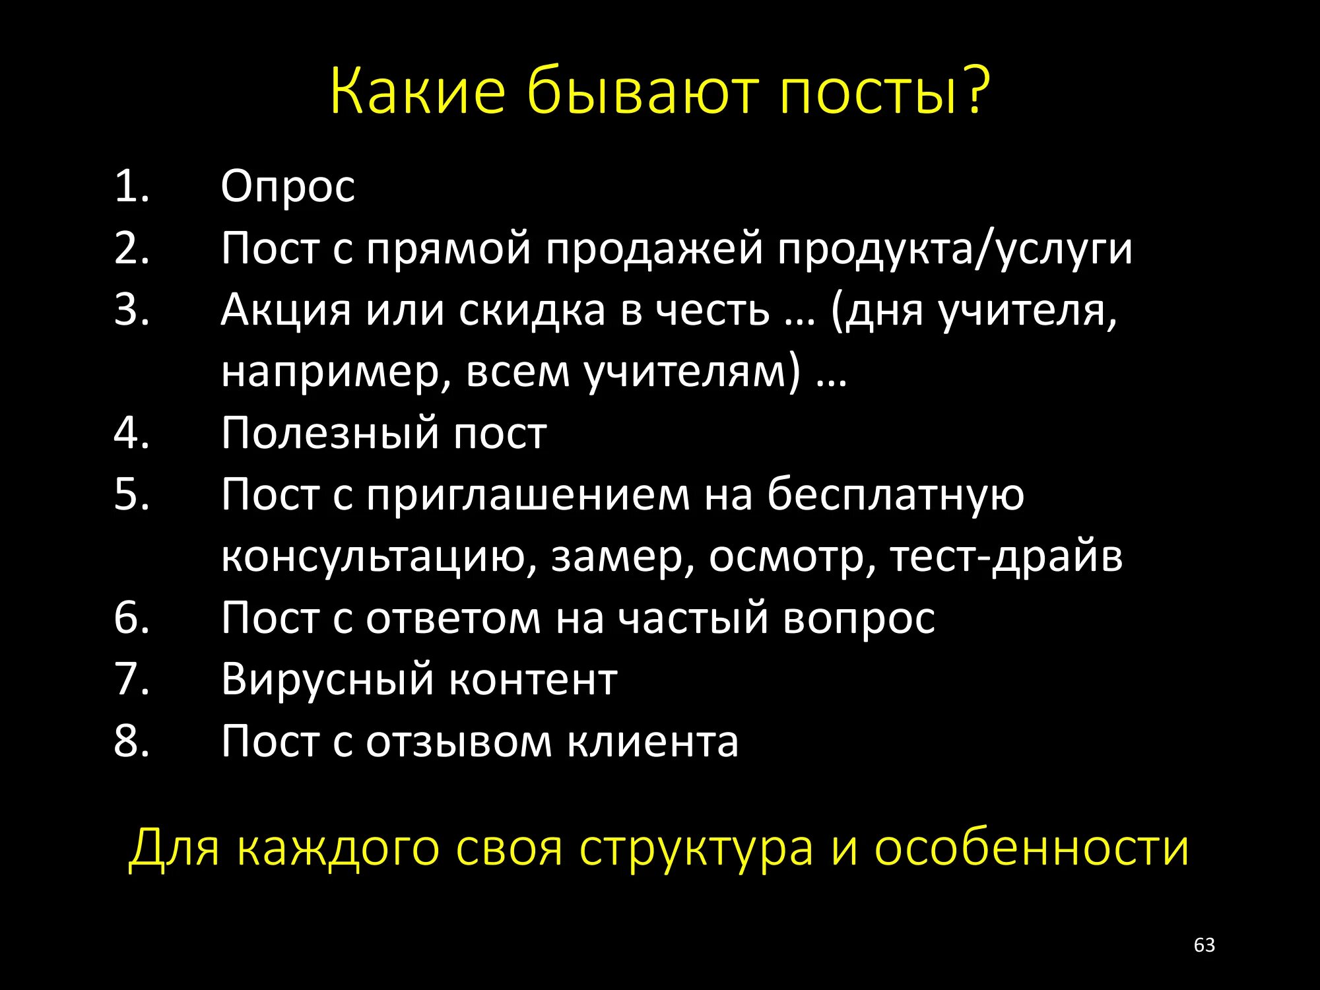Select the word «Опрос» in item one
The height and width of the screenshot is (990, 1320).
[x=288, y=187]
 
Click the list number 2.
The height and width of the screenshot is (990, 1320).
[x=131, y=249]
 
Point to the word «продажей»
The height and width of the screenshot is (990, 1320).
[x=654, y=249]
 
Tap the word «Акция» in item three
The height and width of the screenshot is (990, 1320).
[x=286, y=310]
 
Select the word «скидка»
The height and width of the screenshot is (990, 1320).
[x=532, y=310]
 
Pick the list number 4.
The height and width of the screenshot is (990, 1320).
[x=131, y=434]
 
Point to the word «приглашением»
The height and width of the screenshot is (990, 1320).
[x=528, y=495]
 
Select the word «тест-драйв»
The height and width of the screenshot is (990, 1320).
[x=1006, y=556]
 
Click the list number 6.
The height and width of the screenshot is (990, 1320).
[x=131, y=618]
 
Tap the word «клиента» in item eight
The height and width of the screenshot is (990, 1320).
[x=653, y=741]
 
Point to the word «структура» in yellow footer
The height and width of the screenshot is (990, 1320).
[x=696, y=847]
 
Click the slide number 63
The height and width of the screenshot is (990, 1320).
[x=1204, y=945]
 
